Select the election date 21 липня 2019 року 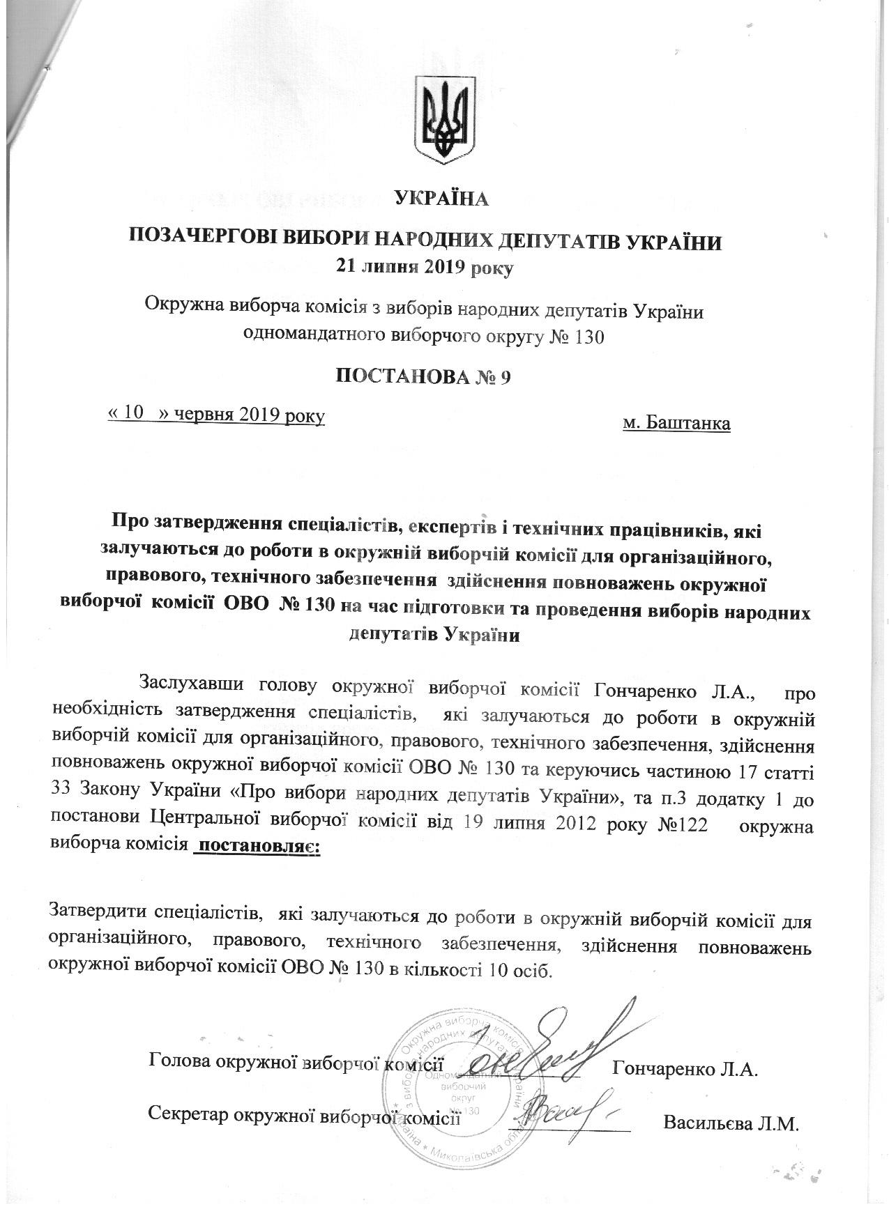[x=425, y=267]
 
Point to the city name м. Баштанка [x=676, y=423]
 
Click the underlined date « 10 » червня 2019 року [x=216, y=415]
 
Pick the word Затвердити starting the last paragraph [x=94, y=913]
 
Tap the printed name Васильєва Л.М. [x=730, y=1123]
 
